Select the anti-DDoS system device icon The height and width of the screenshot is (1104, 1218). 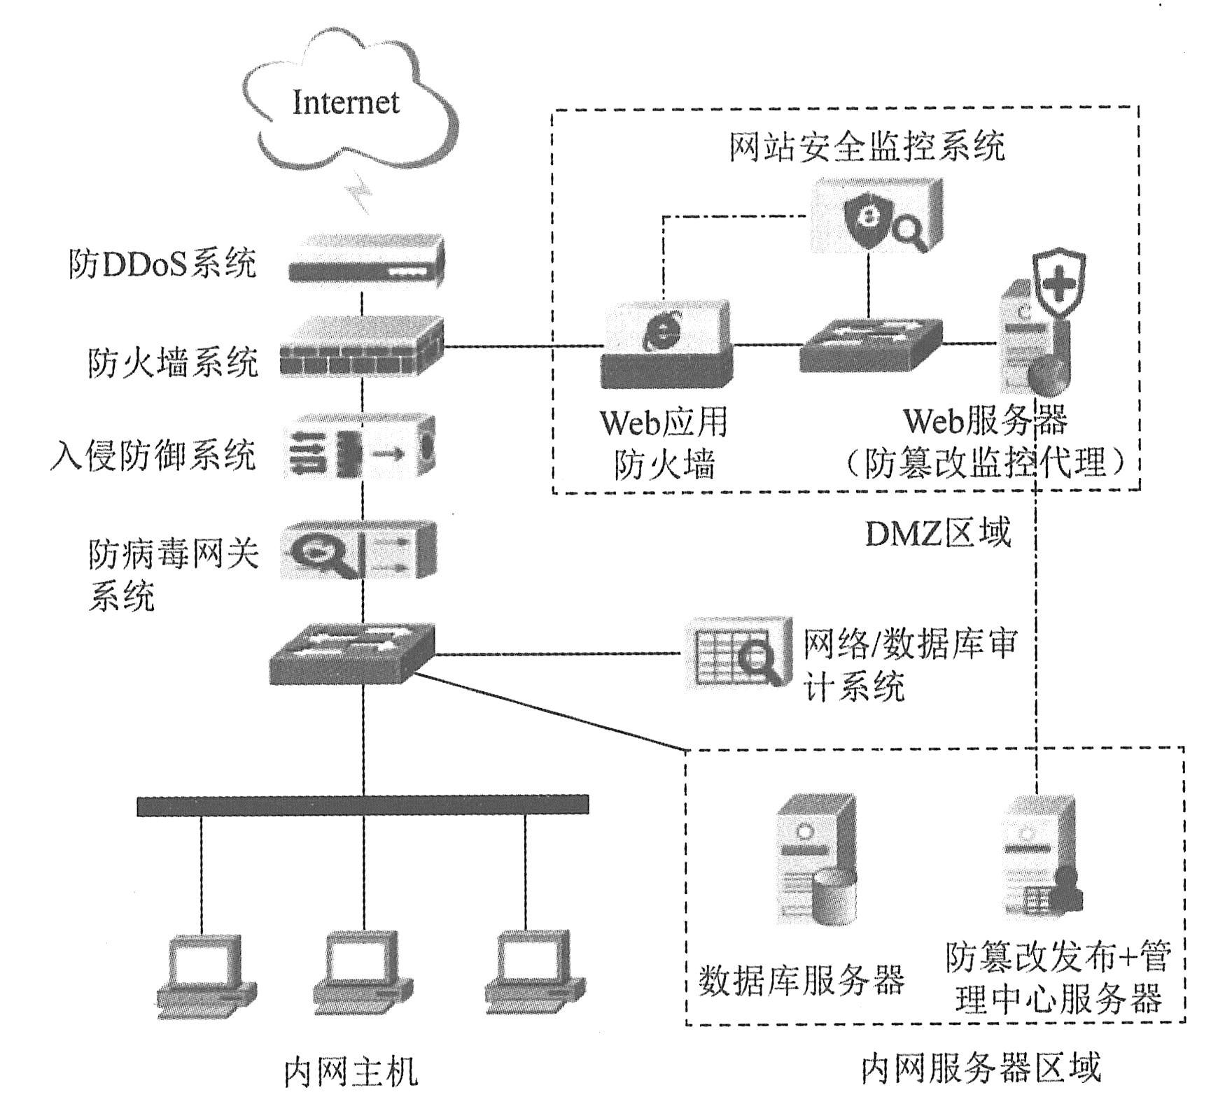pyautogui.click(x=366, y=261)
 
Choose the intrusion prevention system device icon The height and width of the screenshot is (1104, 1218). pyautogui.click(x=360, y=448)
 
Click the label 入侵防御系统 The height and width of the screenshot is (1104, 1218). pyautogui.click(x=153, y=455)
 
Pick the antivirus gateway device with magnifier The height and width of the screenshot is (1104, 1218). pyautogui.click(x=359, y=551)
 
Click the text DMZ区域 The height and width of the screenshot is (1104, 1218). pyautogui.click(x=938, y=533)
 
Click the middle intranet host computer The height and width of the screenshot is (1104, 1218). pyautogui.click(x=362, y=976)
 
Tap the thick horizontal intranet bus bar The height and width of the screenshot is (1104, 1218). pyautogui.click(x=363, y=805)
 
